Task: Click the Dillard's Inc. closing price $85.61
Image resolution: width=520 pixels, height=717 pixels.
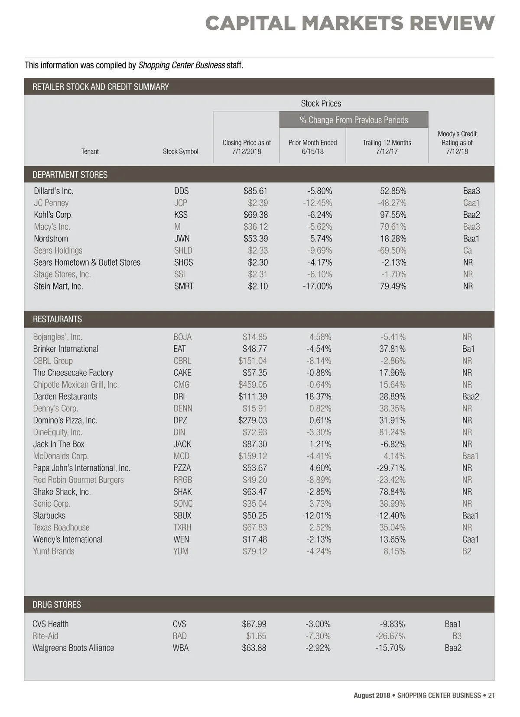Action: [x=255, y=191]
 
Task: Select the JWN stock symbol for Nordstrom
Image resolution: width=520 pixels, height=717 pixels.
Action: [x=182, y=238]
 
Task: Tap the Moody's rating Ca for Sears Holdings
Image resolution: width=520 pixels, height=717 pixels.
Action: [x=468, y=251]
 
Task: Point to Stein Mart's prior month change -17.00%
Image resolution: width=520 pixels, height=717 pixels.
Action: [x=317, y=286]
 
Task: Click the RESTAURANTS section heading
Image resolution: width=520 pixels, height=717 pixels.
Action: [x=57, y=319]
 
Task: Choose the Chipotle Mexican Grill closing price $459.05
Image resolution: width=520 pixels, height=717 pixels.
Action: [x=253, y=385]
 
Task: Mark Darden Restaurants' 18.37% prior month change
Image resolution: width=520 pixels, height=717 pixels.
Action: [x=318, y=396]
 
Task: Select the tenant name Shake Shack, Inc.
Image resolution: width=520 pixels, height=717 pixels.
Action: [x=62, y=492]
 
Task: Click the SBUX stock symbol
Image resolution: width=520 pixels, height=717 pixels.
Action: [x=182, y=515]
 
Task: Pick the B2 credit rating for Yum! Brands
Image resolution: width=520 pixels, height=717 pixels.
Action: [x=467, y=551]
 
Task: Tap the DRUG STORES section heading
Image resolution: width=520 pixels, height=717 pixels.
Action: [x=57, y=604]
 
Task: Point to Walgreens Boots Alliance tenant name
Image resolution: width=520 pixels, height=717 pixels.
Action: [x=73, y=648]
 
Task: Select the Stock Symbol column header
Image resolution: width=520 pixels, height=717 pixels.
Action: [x=180, y=151]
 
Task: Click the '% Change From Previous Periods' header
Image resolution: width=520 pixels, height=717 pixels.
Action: [x=354, y=120]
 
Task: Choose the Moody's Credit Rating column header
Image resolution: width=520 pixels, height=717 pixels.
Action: [x=457, y=142]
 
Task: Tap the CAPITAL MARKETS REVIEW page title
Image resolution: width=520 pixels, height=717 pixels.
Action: [x=349, y=23]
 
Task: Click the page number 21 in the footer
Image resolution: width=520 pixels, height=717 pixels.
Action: [x=491, y=695]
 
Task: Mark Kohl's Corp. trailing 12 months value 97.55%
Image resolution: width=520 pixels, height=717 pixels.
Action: [x=393, y=215]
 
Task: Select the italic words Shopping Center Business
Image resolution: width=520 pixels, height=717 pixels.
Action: [x=182, y=65]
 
